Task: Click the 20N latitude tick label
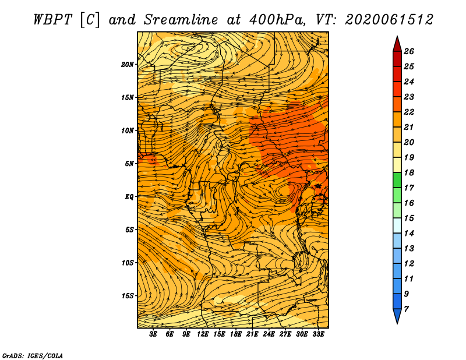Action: [127, 65]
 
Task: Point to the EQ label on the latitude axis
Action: [129, 197]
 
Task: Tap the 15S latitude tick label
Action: [128, 296]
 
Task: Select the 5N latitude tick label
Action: [129, 164]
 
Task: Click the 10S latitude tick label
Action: [128, 263]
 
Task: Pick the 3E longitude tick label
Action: [153, 334]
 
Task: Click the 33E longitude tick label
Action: [318, 334]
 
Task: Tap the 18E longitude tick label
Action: [236, 334]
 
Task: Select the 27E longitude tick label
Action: [285, 334]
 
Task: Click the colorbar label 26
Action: [409, 51]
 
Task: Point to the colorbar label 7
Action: [406, 309]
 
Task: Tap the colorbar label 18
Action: [409, 172]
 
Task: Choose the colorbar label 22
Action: [409, 112]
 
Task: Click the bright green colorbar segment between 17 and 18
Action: [397, 180]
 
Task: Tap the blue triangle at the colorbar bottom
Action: [397, 315]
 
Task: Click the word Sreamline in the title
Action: [181, 20]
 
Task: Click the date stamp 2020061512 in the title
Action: [389, 20]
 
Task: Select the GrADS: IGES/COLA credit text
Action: [33, 356]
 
